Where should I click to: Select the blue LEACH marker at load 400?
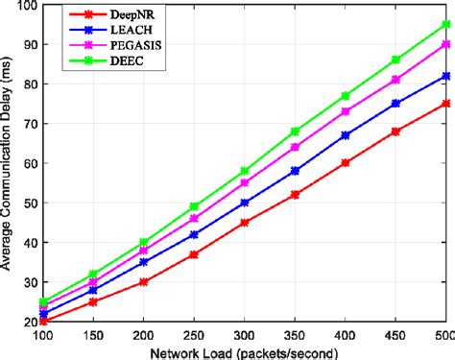[x=345, y=135]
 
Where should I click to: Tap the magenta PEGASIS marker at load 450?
[x=395, y=80]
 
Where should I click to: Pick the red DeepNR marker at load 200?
[x=143, y=281]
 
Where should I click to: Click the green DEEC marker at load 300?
[x=244, y=171]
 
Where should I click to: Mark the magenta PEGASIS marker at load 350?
[x=295, y=147]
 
